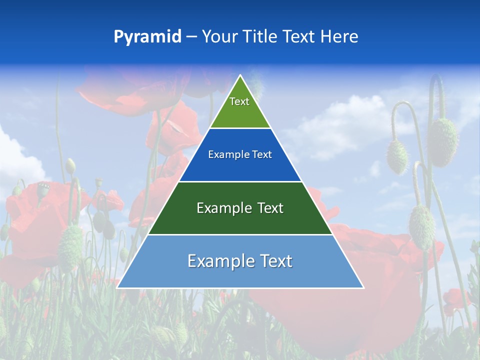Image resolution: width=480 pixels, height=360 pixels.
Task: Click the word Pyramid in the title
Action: click(x=147, y=37)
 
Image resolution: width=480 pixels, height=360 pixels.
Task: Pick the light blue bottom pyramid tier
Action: click(x=240, y=275)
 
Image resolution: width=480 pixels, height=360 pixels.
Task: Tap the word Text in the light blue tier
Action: click(x=273, y=261)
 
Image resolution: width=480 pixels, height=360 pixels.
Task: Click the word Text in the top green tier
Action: click(x=239, y=101)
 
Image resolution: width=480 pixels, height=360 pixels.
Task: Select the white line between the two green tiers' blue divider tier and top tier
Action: click(x=240, y=128)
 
